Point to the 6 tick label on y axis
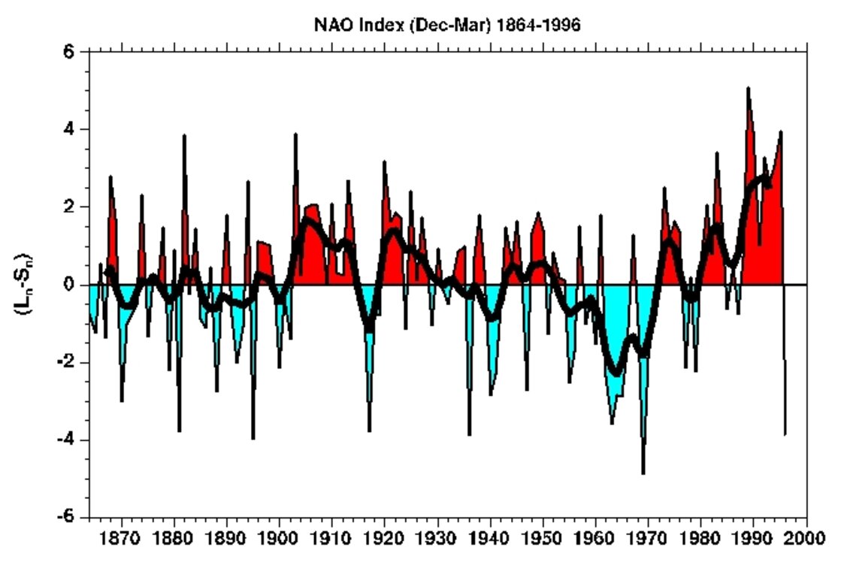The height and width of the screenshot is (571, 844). click(68, 52)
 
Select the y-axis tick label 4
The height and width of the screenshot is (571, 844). click(68, 129)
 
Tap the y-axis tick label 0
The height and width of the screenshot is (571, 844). click(68, 285)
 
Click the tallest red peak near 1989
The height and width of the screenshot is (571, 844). click(748, 88)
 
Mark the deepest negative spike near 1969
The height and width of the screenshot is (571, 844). click(643, 473)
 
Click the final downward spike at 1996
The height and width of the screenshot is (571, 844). click(785, 434)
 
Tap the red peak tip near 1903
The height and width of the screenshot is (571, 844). click(295, 134)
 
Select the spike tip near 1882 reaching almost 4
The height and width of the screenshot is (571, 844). click(184, 136)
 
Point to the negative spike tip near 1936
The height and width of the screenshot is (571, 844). click(470, 434)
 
